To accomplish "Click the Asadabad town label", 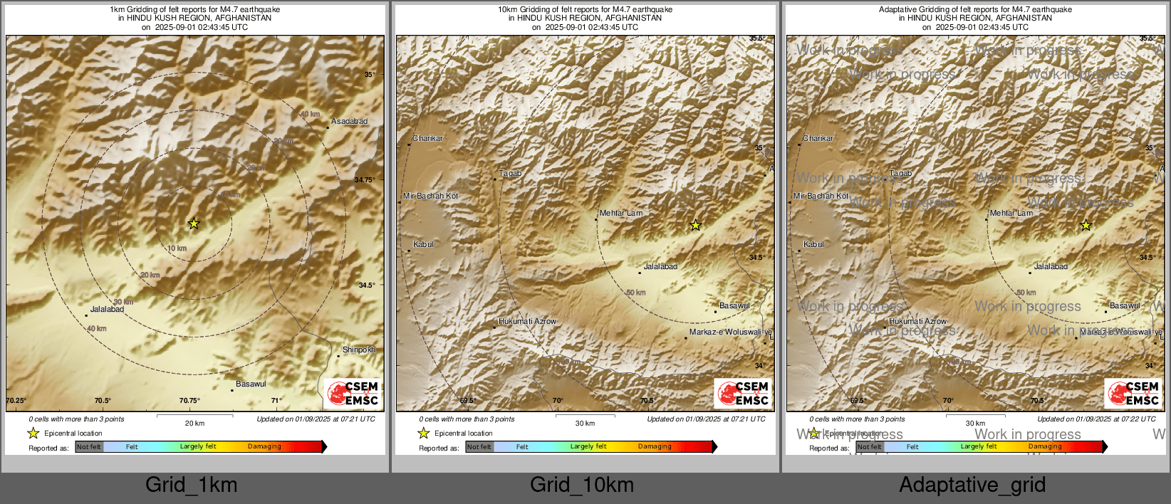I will tap(349, 122).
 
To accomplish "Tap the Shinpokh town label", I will tap(358, 350).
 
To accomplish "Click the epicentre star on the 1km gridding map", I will tap(194, 224).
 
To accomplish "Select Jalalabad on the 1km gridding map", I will tap(107, 310).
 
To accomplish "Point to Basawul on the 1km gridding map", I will tap(251, 384).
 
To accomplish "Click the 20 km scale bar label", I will tap(194, 424).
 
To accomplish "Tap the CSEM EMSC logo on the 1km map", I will tap(353, 394).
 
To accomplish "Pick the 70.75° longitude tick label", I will tap(189, 401).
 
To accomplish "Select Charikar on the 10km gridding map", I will tap(427, 138).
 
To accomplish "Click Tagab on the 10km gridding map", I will tap(510, 174).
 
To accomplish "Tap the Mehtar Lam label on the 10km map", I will tap(620, 213).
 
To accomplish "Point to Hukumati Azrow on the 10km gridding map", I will tap(527, 322).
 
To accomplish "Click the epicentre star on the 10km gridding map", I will tap(695, 226).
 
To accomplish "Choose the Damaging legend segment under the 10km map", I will tap(655, 446).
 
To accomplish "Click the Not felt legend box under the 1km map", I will tap(89, 446).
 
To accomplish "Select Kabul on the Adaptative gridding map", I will tap(813, 244).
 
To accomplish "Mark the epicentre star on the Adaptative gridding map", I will tap(1086, 226).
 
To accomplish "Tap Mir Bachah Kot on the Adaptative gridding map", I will tap(821, 196).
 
